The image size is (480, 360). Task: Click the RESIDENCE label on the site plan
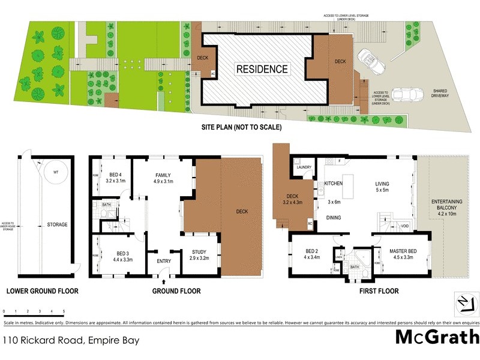[262, 69]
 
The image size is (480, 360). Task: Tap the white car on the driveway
[367, 59]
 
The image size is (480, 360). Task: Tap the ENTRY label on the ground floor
[163, 260]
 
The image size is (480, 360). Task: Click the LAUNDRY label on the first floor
[303, 168]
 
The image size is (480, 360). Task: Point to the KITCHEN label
[333, 182]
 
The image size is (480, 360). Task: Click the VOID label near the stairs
[405, 227]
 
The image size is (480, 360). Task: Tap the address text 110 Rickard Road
[71, 340]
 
